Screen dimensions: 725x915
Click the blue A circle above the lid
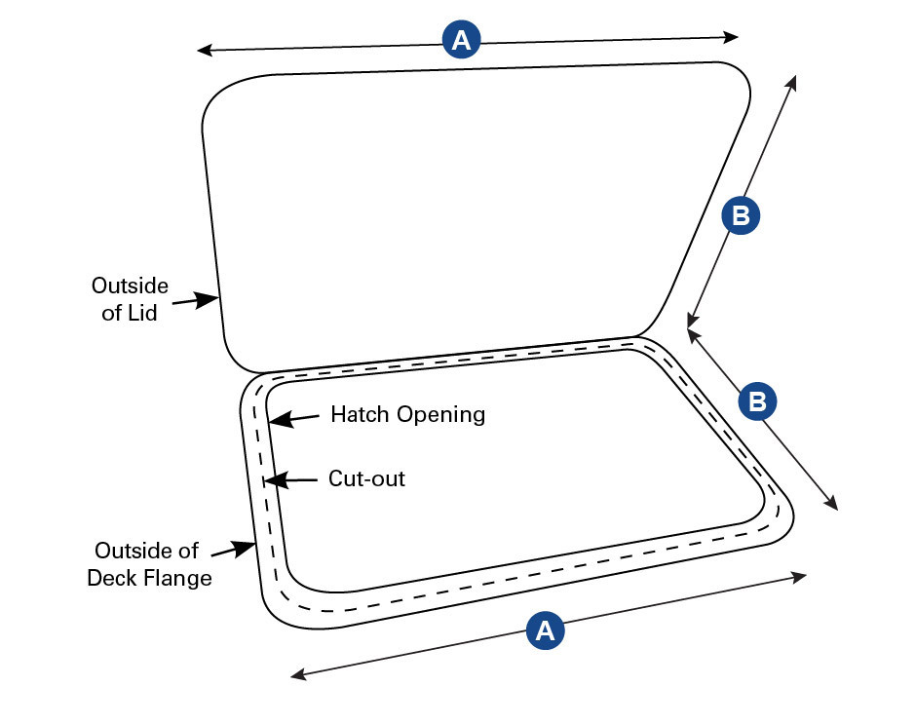tap(462, 41)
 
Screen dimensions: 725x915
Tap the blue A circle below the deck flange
tap(546, 630)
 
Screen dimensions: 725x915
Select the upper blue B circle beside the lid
tap(741, 216)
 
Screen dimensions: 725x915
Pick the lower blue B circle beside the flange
tap(758, 401)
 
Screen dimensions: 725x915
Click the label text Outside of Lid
tap(130, 299)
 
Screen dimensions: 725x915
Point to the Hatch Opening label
tap(407, 414)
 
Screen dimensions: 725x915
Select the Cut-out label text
tap(366, 478)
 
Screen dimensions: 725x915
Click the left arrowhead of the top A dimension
tap(204, 49)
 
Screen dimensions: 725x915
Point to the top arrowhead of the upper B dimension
tap(793, 81)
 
